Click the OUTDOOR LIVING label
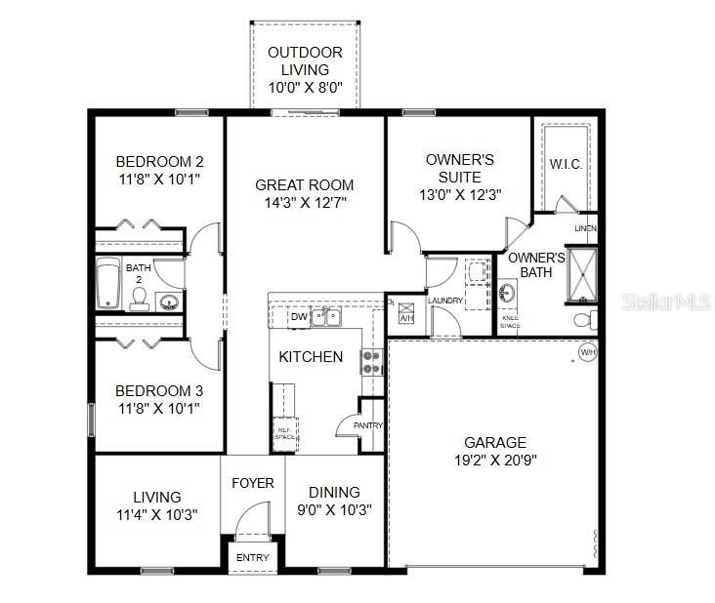pos(305,60)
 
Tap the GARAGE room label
pos(495,442)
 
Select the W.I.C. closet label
pos(566,164)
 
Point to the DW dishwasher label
pos(299,317)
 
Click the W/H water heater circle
pos(587,351)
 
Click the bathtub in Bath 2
pos(108,283)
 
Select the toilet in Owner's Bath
pos(584,319)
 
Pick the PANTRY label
pos(368,425)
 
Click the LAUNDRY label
pos(444,301)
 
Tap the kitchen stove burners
pos(371,363)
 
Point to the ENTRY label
pos(252,558)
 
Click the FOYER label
pos(252,483)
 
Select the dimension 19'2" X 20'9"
pos(495,460)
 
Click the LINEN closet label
pos(584,228)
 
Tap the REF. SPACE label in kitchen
pos(284,434)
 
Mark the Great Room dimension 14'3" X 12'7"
pos(304,203)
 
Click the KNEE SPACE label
pos(510,321)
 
